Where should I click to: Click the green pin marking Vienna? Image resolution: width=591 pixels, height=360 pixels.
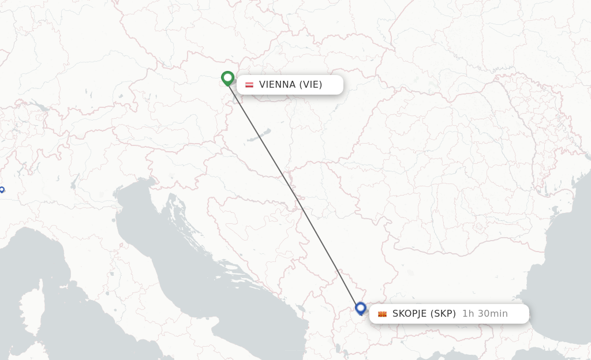click(x=227, y=77)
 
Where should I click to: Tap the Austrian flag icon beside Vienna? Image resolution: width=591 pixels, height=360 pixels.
click(x=249, y=85)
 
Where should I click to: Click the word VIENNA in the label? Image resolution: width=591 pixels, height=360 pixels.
click(x=277, y=85)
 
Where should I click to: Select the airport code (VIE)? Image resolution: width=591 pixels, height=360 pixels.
click(x=311, y=85)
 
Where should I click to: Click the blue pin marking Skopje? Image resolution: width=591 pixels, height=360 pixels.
click(x=361, y=308)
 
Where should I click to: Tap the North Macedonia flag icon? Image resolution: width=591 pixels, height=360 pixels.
click(x=382, y=314)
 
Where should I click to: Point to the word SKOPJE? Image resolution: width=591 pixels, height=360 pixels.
click(x=409, y=314)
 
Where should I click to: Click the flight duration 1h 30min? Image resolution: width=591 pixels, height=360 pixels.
click(x=485, y=314)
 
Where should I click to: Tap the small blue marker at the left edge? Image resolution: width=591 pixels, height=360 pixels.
click(x=2, y=189)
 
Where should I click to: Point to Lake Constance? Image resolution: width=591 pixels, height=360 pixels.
click(x=40, y=107)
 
